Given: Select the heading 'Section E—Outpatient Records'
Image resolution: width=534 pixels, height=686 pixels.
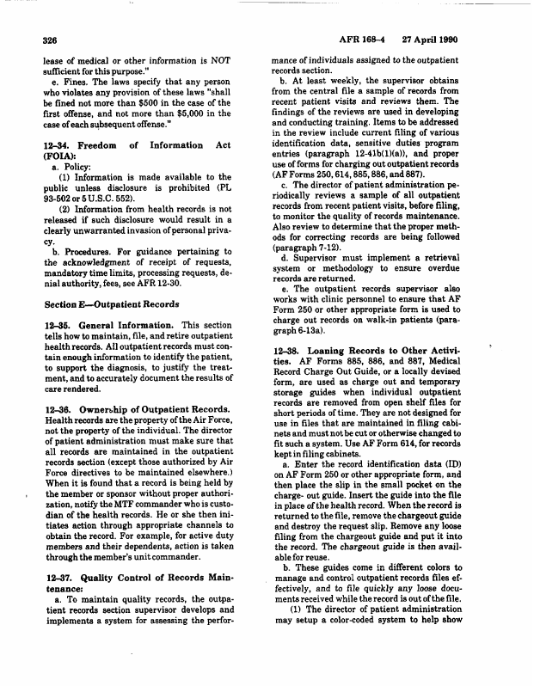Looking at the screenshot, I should coord(112,304).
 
